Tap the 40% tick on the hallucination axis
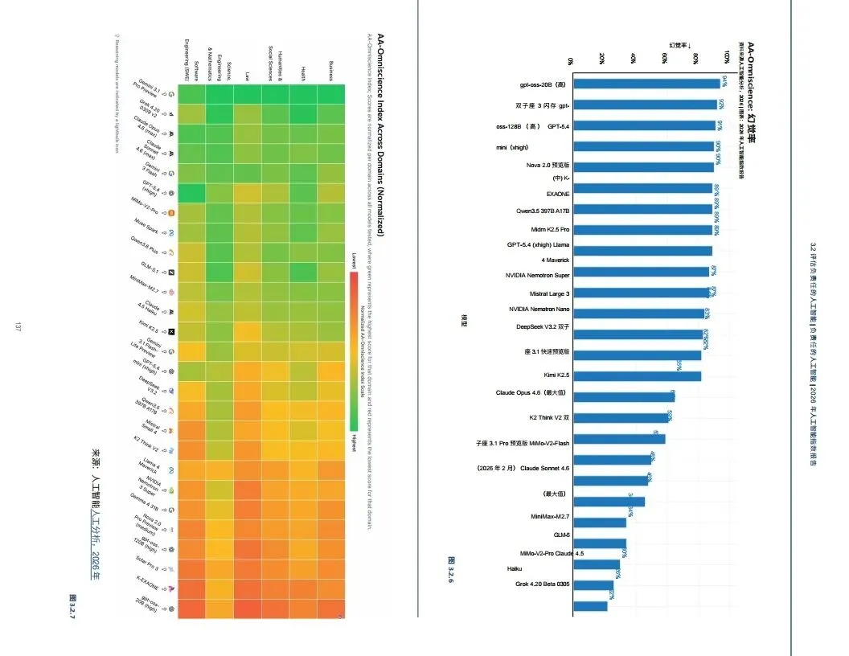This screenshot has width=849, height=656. click(634, 60)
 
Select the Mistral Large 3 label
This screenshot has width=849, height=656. click(549, 294)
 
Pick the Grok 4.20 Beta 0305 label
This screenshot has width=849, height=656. click(543, 584)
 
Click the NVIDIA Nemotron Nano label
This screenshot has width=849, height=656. click(539, 310)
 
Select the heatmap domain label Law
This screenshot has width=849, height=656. click(247, 76)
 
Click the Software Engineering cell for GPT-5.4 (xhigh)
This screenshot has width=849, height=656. click(191, 193)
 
